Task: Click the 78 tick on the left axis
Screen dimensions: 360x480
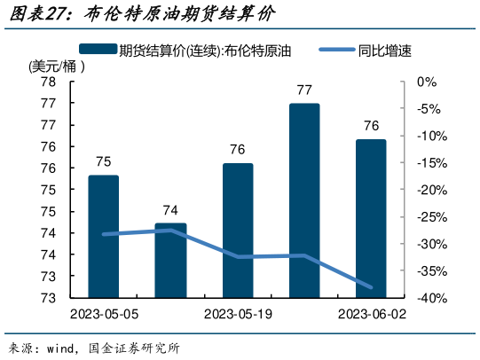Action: coord(49,82)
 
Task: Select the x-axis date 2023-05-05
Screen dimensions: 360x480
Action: coord(104,315)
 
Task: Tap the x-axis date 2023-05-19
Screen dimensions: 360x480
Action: coord(238,315)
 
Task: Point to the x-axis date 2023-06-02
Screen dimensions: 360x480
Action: coord(371,315)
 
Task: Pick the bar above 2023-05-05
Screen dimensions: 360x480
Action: coord(104,235)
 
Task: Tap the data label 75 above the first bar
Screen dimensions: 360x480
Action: coord(104,161)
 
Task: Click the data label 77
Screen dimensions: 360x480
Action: coord(304,90)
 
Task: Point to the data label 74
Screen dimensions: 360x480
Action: coord(170,210)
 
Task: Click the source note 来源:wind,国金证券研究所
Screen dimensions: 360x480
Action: coord(93,348)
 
